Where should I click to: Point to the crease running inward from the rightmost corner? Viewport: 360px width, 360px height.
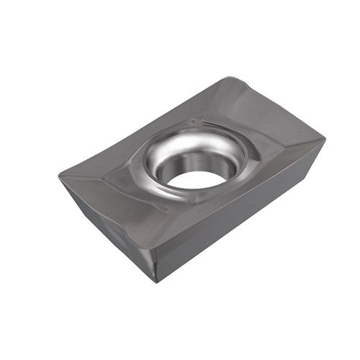pos(288,148)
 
